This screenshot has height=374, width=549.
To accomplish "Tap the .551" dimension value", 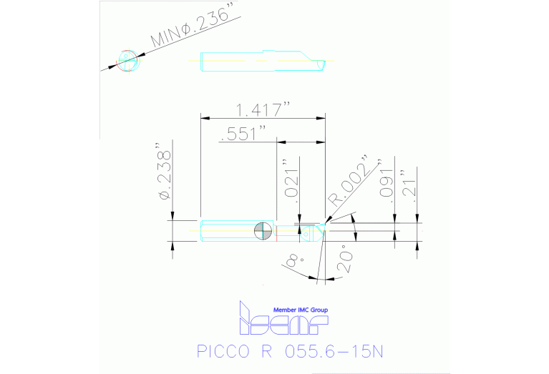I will coord(244,134).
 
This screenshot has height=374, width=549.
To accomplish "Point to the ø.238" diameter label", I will coord(165,176).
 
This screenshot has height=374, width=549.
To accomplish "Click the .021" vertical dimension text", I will coord(288,179).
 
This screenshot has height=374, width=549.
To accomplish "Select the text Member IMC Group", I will coord(301,310).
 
